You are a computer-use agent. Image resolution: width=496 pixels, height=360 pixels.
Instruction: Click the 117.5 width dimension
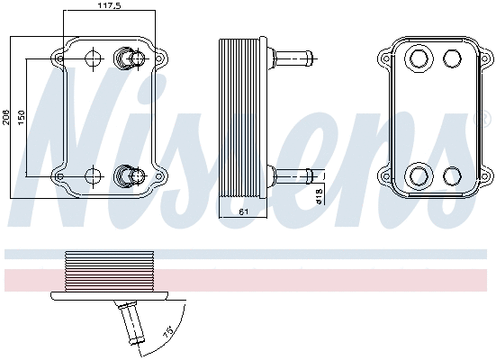(110, 6)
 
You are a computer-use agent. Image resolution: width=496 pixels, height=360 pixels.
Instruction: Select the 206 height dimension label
(7, 117)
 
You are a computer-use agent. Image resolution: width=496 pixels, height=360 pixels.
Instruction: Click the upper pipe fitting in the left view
(130, 59)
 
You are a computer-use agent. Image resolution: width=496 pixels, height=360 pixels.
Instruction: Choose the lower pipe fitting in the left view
(130, 174)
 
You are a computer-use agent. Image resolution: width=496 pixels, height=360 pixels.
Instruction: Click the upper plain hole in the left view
(93, 59)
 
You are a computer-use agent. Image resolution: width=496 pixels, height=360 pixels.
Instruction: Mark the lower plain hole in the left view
(93, 174)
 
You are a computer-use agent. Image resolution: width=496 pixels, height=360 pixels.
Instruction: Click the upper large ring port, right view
(419, 60)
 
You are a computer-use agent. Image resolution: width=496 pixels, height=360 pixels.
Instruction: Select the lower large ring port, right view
(419, 174)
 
